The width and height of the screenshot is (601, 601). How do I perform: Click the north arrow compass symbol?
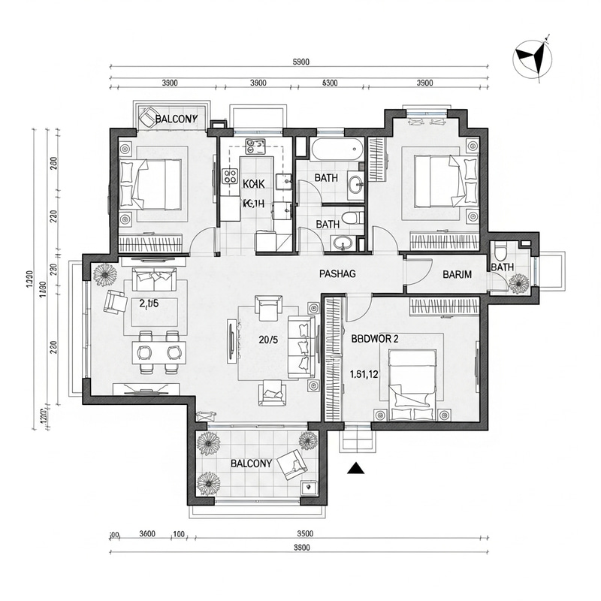531,59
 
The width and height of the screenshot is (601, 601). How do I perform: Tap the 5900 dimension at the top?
300,62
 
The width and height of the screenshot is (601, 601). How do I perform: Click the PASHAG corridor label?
337,274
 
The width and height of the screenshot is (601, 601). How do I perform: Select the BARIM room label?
457,274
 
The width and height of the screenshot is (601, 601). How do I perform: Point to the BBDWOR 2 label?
375,338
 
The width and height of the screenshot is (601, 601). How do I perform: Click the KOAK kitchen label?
254,184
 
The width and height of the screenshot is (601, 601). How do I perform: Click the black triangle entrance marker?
356,469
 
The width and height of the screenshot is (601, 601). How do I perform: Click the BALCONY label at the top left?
176,119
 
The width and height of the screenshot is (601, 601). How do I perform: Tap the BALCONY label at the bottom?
251,464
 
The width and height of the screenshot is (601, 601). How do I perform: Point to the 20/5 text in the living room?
269,340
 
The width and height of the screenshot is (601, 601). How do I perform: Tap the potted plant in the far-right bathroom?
518,282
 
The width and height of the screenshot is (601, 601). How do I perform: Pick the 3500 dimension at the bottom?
305,534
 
